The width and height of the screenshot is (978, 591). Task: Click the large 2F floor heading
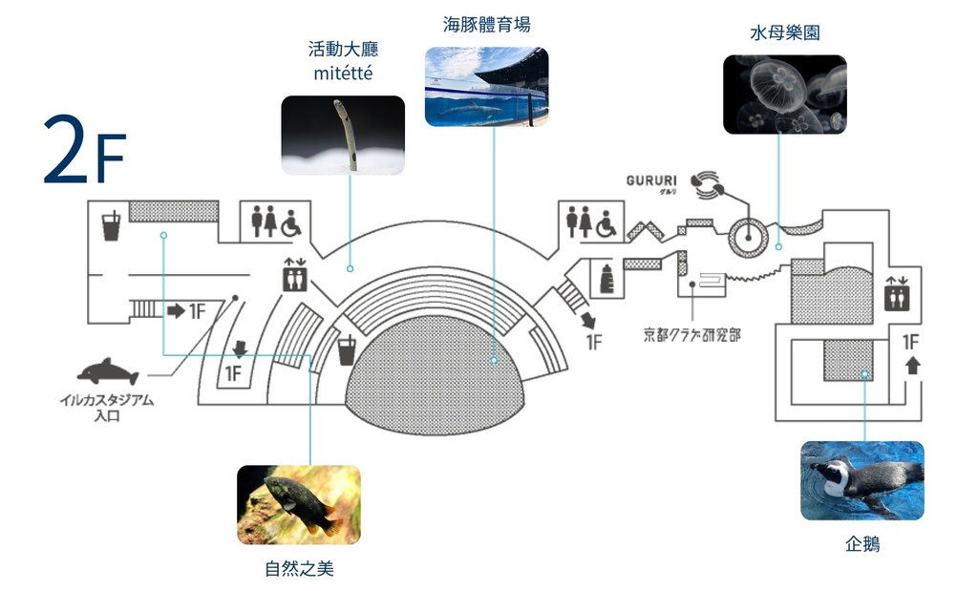(x=84, y=151)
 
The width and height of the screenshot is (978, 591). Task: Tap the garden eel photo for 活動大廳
(x=343, y=135)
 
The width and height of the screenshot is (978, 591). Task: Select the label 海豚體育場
(x=486, y=25)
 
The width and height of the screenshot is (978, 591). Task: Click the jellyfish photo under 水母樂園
(x=784, y=94)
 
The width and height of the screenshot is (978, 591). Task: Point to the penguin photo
(x=861, y=480)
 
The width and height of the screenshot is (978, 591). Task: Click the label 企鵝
(x=861, y=545)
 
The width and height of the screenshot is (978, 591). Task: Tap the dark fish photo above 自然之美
(x=298, y=504)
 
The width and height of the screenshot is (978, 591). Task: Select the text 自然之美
(x=299, y=570)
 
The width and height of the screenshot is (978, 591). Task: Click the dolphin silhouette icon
(x=108, y=371)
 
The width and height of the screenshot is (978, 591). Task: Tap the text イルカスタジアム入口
(x=105, y=408)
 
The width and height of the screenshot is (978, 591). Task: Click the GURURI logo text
(x=651, y=180)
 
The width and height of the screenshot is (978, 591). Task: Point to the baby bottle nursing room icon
(x=604, y=278)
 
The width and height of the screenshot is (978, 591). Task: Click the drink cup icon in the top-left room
(x=111, y=226)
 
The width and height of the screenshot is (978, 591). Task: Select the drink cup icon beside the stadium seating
(x=347, y=350)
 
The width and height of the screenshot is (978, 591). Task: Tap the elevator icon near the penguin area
(x=897, y=294)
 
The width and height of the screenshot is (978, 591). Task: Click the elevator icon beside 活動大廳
(x=294, y=277)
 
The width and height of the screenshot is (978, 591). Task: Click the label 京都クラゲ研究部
(x=691, y=334)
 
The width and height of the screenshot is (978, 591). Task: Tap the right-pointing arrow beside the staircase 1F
(x=176, y=310)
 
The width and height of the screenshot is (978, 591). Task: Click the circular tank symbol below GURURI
(x=748, y=236)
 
